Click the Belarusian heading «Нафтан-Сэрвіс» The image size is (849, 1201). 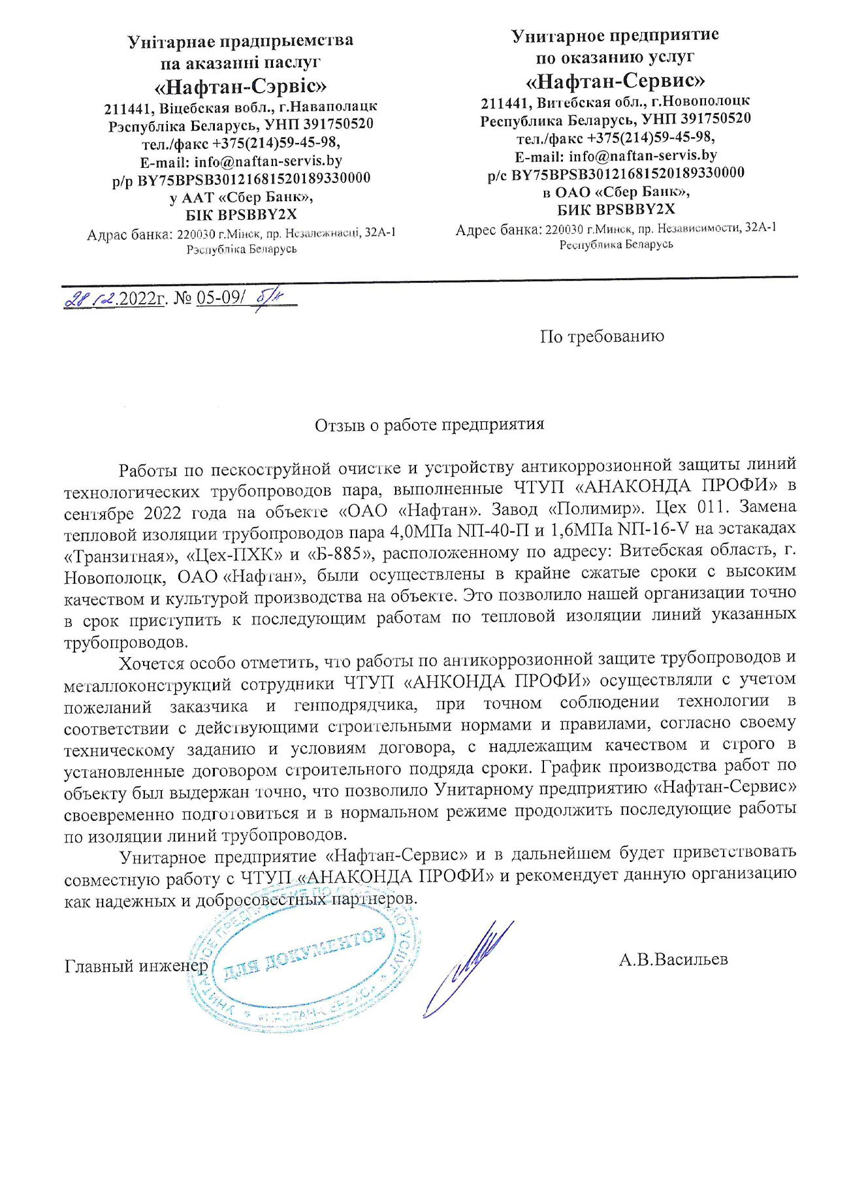tap(240, 86)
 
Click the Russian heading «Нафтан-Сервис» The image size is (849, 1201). tap(615, 81)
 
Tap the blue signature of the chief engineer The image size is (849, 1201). tap(467, 967)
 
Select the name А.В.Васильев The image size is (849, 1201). tap(673, 959)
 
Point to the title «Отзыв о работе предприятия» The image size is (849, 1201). tap(429, 425)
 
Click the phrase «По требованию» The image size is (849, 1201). tap(601, 336)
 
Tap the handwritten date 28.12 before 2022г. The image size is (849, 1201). tap(90, 299)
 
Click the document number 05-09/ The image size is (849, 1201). tap(221, 298)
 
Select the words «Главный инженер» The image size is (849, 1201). tap(136, 965)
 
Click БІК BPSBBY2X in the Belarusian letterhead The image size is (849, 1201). tap(241, 214)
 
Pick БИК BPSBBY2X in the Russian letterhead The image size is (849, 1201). tap(615, 210)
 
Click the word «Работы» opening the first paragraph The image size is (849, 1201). tap(147, 470)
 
